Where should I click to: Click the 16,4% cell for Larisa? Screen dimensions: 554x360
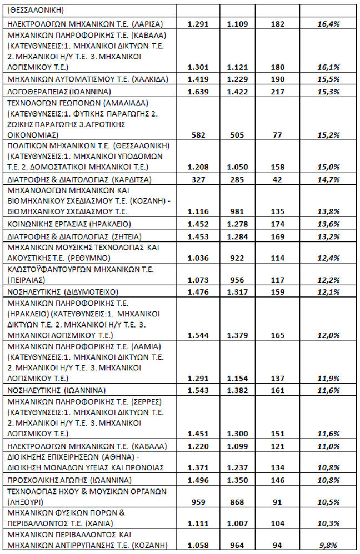point(328,24)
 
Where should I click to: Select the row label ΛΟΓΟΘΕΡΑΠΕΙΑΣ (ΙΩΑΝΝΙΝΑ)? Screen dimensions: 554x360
point(61,91)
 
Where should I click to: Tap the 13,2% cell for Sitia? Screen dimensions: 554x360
point(328,236)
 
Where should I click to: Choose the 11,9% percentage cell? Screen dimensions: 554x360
point(328,379)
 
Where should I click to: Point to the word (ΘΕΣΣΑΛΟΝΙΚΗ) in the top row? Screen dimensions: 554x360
point(36,10)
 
